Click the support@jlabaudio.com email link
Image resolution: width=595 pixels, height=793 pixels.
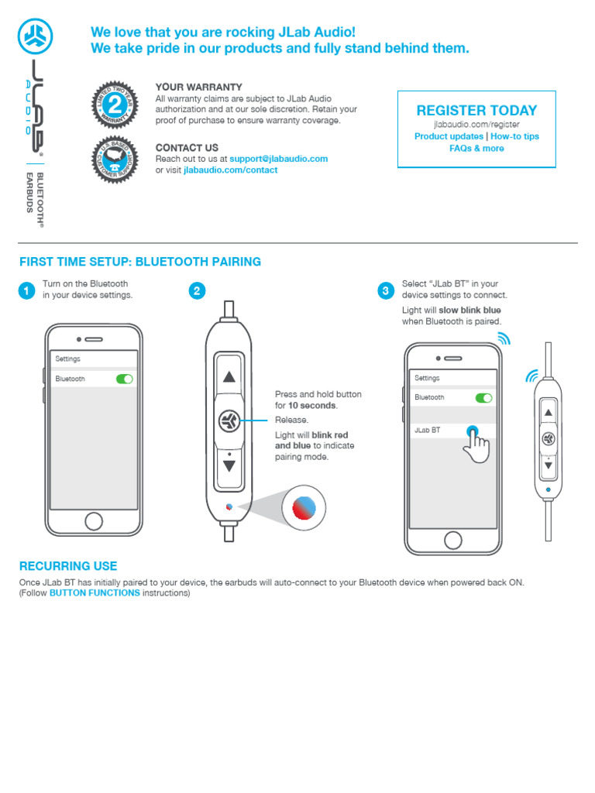pyautogui.click(x=278, y=159)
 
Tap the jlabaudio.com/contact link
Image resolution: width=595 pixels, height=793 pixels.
pyautogui.click(x=230, y=170)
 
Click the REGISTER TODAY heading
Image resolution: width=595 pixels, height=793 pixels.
pyautogui.click(x=476, y=111)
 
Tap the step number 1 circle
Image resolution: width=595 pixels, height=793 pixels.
pyautogui.click(x=26, y=291)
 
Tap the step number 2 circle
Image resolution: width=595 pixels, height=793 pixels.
pyautogui.click(x=198, y=291)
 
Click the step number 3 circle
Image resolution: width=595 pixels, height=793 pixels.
pyautogui.click(x=386, y=291)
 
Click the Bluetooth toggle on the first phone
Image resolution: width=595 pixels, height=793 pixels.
pyautogui.click(x=124, y=379)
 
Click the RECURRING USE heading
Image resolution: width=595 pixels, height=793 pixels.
pyautogui.click(x=68, y=566)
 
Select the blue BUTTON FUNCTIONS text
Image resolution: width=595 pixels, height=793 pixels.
pyautogui.click(x=95, y=593)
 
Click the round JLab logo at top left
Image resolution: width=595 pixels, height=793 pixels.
pyautogui.click(x=35, y=34)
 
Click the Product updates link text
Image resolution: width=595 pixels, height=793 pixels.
pyautogui.click(x=449, y=136)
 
